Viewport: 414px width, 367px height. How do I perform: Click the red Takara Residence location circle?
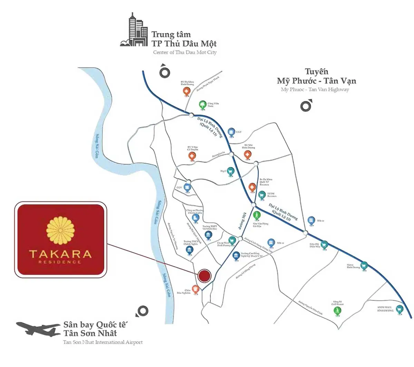pos(204,276)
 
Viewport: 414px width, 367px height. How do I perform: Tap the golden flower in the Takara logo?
pos(60,230)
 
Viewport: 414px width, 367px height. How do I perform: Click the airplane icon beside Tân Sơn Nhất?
pos(38,329)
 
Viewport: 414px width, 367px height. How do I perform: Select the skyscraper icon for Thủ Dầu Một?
pos(135,31)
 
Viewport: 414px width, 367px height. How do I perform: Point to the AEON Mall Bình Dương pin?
pos(400,309)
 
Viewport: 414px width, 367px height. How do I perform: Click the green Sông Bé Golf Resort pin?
pos(337,311)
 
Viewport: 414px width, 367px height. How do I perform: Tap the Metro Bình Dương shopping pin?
pos(364,266)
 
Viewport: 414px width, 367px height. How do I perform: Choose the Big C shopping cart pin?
pos(230,171)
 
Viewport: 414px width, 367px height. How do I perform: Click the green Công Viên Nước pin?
pos(203,105)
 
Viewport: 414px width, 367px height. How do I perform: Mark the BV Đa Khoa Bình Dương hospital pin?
pos(186,91)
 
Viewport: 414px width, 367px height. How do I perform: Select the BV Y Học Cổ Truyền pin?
pos(192,156)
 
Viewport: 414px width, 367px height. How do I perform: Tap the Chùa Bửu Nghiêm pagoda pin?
pos(196,289)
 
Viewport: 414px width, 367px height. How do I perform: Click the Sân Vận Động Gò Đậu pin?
pos(257,215)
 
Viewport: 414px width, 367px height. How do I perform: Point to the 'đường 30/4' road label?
pos(241,221)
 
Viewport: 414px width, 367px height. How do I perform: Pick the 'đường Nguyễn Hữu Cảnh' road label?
pos(310,307)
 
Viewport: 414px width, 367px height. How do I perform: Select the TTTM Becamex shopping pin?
pos(262,195)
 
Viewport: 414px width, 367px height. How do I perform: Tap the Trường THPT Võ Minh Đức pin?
pos(208,235)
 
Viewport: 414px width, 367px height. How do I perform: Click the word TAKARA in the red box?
pos(60,254)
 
